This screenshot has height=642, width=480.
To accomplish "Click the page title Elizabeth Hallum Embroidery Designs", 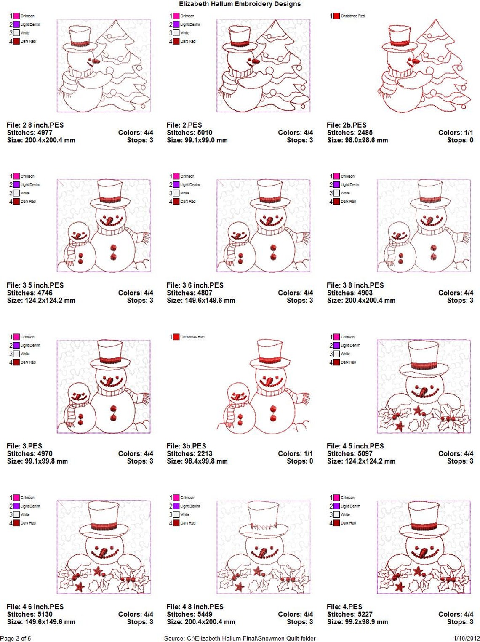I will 240,4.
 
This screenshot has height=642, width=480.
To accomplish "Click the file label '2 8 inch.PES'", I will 35,125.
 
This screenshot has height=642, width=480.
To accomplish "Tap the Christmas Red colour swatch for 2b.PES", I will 336,16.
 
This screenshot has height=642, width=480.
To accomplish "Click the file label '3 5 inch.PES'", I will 35,285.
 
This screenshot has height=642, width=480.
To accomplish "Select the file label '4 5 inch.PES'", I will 355,446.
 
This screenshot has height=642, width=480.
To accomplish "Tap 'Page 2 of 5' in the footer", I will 16,638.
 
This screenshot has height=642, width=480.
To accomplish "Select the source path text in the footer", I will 240,638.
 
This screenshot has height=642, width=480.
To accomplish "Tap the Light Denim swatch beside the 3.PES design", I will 16,346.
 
